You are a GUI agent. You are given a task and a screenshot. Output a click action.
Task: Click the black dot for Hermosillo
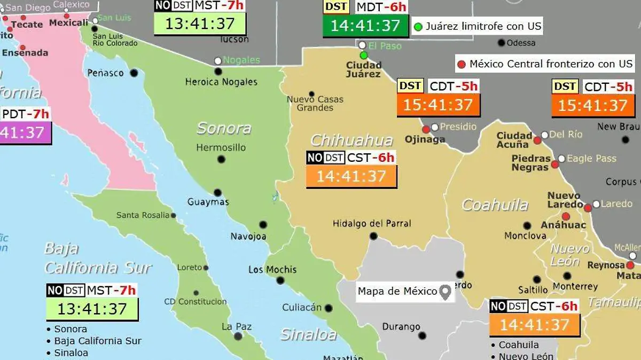[221, 159]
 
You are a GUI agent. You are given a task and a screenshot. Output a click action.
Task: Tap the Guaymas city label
[208, 202]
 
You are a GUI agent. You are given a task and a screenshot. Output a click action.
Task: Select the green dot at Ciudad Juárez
[364, 55]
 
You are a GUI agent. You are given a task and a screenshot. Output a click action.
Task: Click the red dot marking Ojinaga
[426, 129]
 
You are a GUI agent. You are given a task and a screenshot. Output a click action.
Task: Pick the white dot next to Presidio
[435, 127]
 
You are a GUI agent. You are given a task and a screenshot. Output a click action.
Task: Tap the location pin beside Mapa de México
[445, 292]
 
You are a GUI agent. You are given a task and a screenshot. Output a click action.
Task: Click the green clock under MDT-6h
[365, 26]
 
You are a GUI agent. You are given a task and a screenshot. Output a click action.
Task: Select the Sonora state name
[224, 128]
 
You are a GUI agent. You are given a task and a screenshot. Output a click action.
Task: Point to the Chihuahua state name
[351, 140]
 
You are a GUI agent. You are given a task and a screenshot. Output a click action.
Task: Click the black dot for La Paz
[238, 336]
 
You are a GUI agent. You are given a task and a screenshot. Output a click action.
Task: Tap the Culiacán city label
[302, 308]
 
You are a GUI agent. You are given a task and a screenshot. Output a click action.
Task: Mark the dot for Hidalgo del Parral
[373, 236]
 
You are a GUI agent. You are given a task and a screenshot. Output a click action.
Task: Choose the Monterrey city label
[575, 287]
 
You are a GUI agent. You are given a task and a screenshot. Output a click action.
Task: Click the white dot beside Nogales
[218, 61]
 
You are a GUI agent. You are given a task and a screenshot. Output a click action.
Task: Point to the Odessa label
[520, 43]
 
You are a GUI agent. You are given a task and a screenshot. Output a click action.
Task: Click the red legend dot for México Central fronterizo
[462, 65]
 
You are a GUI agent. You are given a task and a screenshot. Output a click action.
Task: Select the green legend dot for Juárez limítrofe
[418, 26]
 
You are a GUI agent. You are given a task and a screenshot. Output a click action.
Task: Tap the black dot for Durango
[422, 336]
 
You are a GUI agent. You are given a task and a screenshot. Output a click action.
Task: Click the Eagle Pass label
[591, 159]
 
